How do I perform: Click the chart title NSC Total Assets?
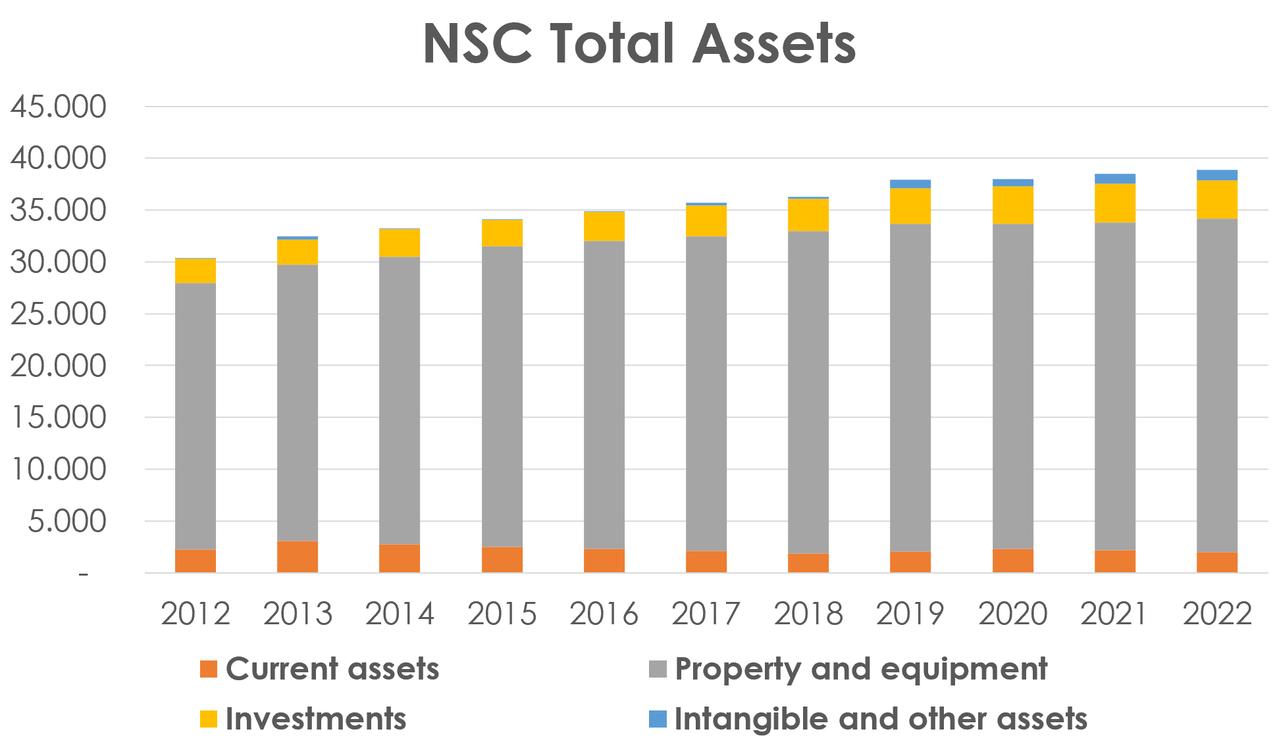(x=638, y=43)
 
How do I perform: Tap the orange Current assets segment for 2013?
(x=298, y=557)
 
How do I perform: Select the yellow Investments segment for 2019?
(x=910, y=206)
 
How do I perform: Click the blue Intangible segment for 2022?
(x=1216, y=175)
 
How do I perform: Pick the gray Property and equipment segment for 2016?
(x=604, y=395)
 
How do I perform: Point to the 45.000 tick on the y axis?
(x=58, y=107)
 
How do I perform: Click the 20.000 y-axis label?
(x=58, y=366)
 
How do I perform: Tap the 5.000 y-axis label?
(x=66, y=521)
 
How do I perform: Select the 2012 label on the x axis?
(x=195, y=614)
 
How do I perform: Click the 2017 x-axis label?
(x=706, y=614)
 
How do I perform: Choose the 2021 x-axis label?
(x=1114, y=614)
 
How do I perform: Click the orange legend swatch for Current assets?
(x=209, y=669)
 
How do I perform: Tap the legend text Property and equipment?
(x=861, y=669)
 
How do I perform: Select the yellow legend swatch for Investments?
(x=209, y=719)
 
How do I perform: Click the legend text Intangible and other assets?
(x=881, y=719)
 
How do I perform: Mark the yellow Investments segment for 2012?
(x=195, y=270)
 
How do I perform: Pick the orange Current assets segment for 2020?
(x=1012, y=560)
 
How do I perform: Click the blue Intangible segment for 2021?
(x=1114, y=179)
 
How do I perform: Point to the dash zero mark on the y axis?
(x=83, y=574)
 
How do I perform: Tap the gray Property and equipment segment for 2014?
(x=400, y=400)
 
